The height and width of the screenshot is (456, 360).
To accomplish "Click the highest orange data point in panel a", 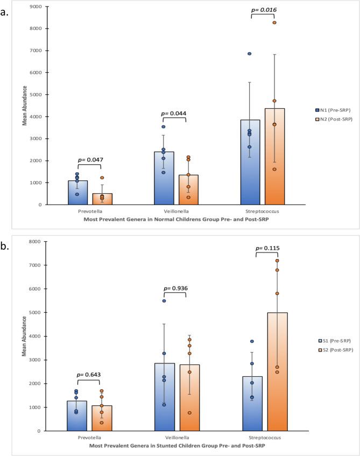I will click(274, 23).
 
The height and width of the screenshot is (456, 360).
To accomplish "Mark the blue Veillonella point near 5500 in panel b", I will click(164, 301).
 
